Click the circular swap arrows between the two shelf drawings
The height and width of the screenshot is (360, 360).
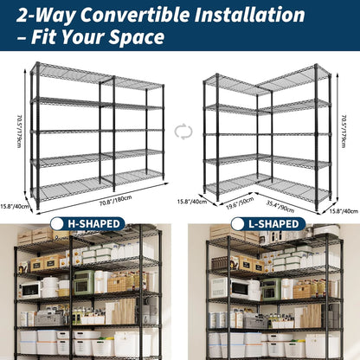[x=182, y=132]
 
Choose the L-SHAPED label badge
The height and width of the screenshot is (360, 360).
[x=271, y=224]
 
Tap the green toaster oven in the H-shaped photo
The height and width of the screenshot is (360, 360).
[x=84, y=282]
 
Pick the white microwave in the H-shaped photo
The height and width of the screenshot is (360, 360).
[x=31, y=289]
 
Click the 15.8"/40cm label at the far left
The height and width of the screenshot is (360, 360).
[x=15, y=205]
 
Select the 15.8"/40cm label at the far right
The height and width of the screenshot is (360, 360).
[x=344, y=210]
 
